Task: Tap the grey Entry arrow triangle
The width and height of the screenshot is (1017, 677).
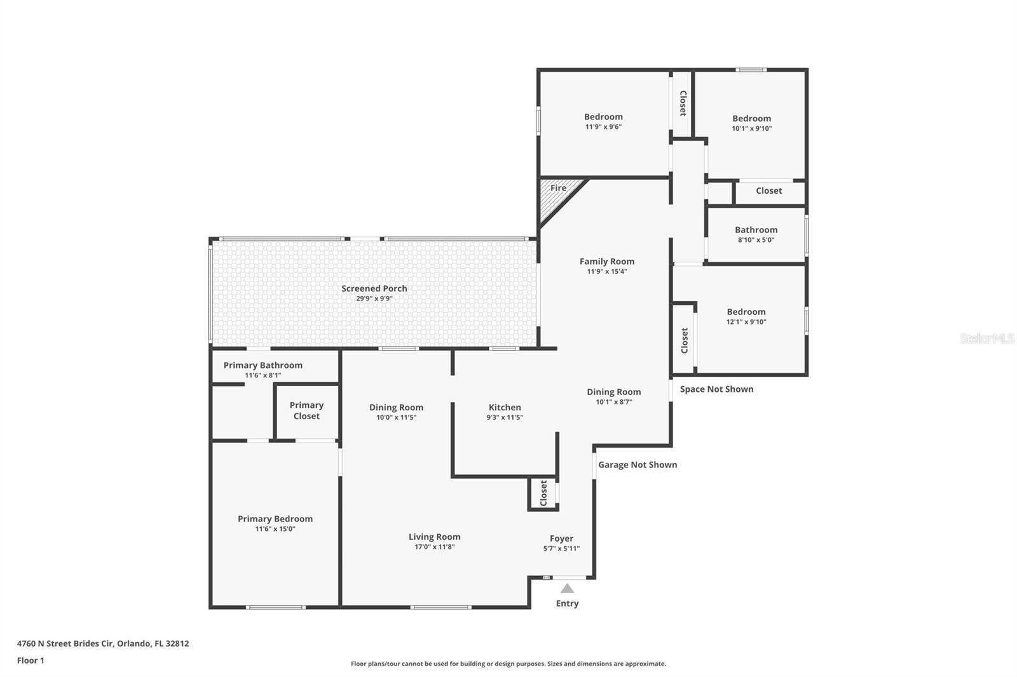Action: (x=567, y=589)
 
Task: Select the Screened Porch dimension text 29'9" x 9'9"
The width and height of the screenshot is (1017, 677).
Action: (x=374, y=298)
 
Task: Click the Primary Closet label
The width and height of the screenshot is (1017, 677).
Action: (x=306, y=410)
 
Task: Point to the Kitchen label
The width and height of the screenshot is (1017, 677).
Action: (x=505, y=407)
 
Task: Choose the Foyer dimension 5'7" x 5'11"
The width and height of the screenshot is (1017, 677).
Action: (x=561, y=548)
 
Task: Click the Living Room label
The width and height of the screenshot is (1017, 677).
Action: (x=434, y=537)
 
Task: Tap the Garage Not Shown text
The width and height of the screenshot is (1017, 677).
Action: (x=638, y=464)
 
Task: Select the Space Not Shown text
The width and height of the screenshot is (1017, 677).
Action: (x=716, y=389)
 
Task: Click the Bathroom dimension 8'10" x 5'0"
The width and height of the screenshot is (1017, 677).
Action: (x=756, y=239)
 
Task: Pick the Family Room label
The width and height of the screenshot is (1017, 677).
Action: (x=606, y=262)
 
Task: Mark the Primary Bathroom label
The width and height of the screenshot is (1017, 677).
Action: (x=263, y=365)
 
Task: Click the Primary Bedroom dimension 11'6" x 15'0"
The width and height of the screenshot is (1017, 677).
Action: (x=275, y=528)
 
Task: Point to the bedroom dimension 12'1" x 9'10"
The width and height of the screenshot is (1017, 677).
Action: (x=746, y=322)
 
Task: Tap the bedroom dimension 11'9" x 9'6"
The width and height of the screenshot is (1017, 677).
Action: (x=603, y=126)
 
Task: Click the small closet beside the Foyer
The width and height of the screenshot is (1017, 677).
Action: (x=543, y=493)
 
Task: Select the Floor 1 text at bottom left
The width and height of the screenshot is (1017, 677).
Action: (x=31, y=660)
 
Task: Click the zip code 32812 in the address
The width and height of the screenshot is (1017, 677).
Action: (x=177, y=643)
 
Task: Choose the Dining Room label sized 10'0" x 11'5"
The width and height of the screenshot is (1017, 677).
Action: (x=396, y=408)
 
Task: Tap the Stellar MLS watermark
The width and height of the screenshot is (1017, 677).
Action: (x=987, y=338)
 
